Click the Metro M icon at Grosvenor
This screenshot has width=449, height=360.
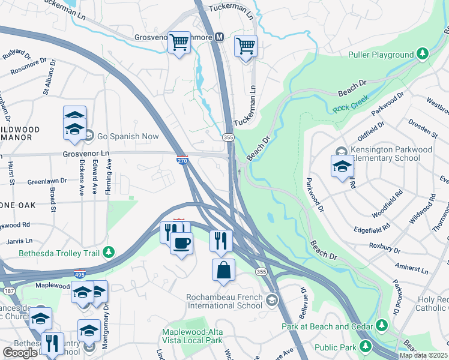[x=220, y=37]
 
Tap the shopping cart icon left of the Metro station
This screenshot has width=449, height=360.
[x=179, y=43]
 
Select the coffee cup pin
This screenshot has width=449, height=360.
[x=181, y=243]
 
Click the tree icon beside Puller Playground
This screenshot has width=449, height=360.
[x=423, y=55]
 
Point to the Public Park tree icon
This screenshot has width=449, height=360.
[x=366, y=346]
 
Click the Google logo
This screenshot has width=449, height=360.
[x=20, y=353]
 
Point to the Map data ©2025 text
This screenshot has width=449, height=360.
[x=423, y=355]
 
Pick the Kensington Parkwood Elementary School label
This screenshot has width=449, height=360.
[x=392, y=154]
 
